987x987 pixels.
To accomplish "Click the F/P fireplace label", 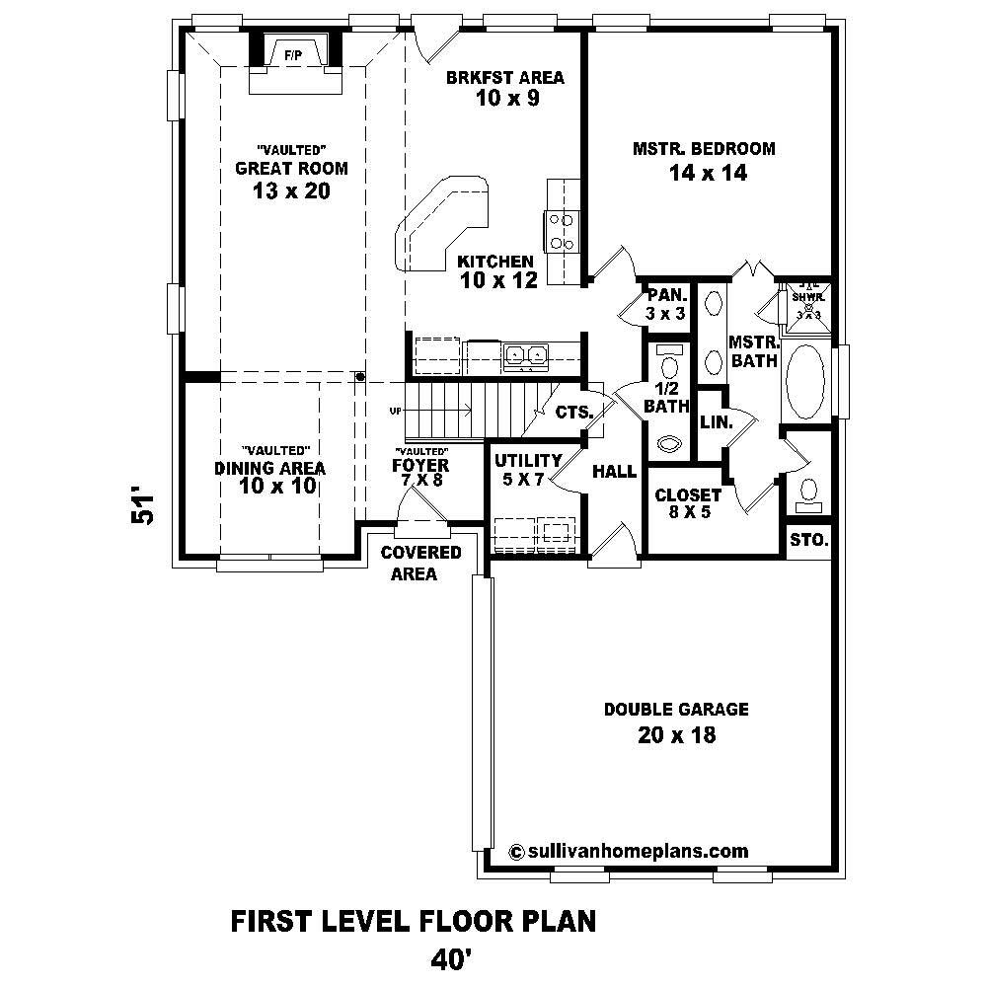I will point(293,55).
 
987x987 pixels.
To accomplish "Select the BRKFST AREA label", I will point(491,78).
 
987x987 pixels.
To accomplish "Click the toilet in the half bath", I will point(668,443).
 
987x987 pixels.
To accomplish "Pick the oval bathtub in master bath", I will point(806,383).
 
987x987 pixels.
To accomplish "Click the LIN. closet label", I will point(715,421).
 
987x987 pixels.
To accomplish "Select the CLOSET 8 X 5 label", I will point(688,503).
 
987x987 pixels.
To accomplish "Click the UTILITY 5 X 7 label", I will point(527,470).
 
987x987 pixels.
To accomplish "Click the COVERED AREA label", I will point(421,563).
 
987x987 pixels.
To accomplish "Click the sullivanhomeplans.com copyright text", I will point(628,851).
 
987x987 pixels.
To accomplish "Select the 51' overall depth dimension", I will point(144,505).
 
